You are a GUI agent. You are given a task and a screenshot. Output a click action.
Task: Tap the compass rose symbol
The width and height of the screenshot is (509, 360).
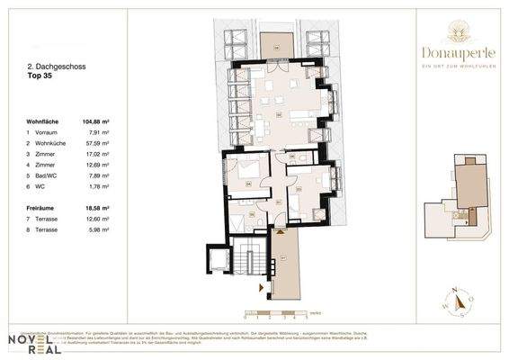click(x=457, y=302)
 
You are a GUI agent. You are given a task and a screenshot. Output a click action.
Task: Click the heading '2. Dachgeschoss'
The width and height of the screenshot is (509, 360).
click(x=52, y=66)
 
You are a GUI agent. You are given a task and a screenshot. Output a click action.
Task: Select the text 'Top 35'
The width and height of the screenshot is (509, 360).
click(x=40, y=76)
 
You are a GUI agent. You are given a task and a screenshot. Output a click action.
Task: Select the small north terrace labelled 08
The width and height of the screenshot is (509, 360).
click(x=279, y=42)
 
